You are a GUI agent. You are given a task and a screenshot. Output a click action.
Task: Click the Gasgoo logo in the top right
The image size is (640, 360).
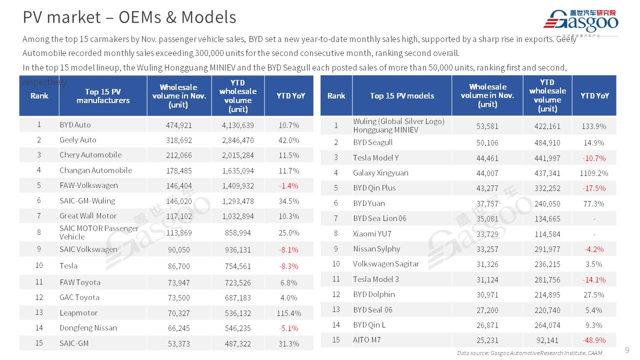tap(580, 21)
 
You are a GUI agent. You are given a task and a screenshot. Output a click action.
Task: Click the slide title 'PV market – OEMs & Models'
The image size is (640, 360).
tap(129, 17)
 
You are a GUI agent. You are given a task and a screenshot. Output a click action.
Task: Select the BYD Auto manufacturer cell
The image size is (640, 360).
tap(75, 125)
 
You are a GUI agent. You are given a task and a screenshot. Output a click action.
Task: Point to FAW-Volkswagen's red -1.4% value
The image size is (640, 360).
tap(288, 186)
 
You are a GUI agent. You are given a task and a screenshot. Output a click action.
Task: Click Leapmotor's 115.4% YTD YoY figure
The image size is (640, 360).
tap(288, 313)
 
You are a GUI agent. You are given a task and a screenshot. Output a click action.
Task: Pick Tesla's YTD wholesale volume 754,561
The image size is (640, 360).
tap(237, 266)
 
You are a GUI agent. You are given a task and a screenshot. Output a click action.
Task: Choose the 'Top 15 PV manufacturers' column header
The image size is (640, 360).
tap(102, 96)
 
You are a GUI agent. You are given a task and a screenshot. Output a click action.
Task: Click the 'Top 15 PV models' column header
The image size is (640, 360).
tap(401, 96)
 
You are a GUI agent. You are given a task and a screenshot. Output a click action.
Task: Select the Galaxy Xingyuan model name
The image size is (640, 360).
tap(380, 173)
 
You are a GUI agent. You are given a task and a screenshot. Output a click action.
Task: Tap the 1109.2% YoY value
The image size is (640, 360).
tap(594, 173)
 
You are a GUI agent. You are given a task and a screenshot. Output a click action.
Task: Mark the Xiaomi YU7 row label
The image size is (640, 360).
tap(372, 233)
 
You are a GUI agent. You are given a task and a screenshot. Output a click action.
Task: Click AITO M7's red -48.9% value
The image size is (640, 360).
tap(594, 340)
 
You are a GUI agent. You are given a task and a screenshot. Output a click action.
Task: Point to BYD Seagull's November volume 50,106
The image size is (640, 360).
tap(487, 142)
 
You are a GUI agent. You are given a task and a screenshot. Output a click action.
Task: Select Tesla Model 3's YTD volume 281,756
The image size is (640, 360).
tap(547, 279)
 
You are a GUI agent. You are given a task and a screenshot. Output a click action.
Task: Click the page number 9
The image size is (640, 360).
tap(627, 349)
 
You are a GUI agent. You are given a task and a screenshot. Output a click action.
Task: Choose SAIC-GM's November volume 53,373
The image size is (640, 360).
tap(179, 343)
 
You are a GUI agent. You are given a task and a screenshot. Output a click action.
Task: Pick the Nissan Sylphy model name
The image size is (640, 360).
tap(376, 249)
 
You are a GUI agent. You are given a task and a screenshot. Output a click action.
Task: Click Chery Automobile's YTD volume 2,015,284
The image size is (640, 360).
tap(237, 155)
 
